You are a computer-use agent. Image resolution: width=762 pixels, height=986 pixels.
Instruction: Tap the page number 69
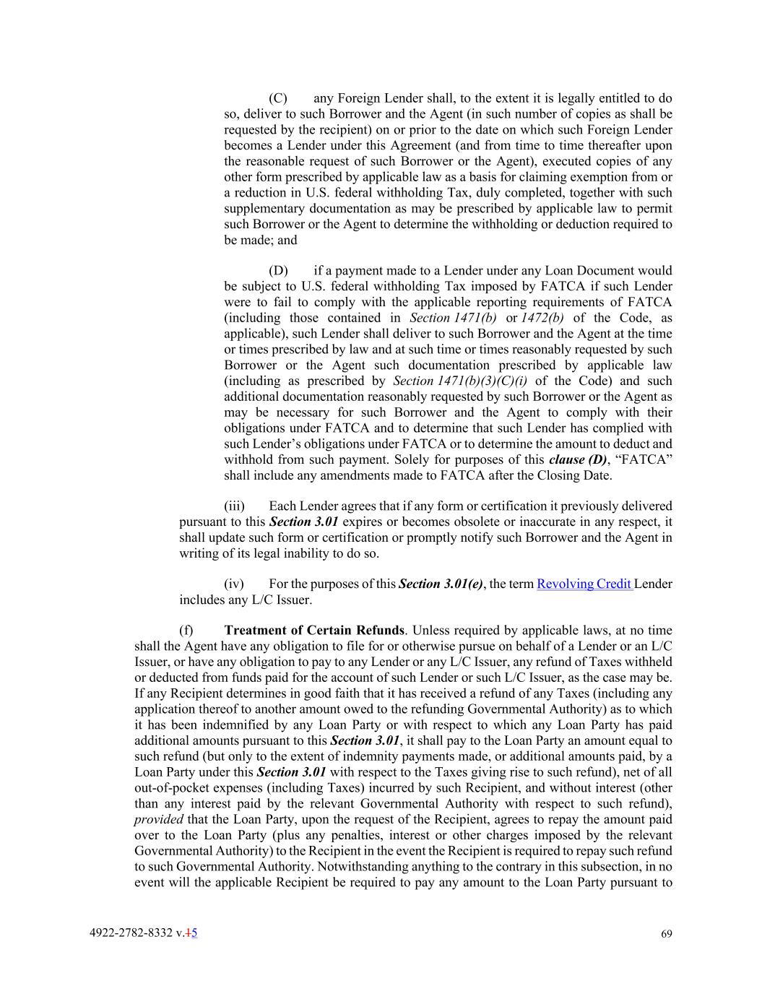coord(666,934)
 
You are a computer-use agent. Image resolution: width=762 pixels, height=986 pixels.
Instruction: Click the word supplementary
coord(264,209)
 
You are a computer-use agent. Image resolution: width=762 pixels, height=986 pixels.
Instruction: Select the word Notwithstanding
coord(360,867)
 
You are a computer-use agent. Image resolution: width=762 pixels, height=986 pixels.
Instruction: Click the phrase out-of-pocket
coord(170,788)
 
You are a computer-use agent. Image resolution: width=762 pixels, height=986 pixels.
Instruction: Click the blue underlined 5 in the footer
coord(194,933)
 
